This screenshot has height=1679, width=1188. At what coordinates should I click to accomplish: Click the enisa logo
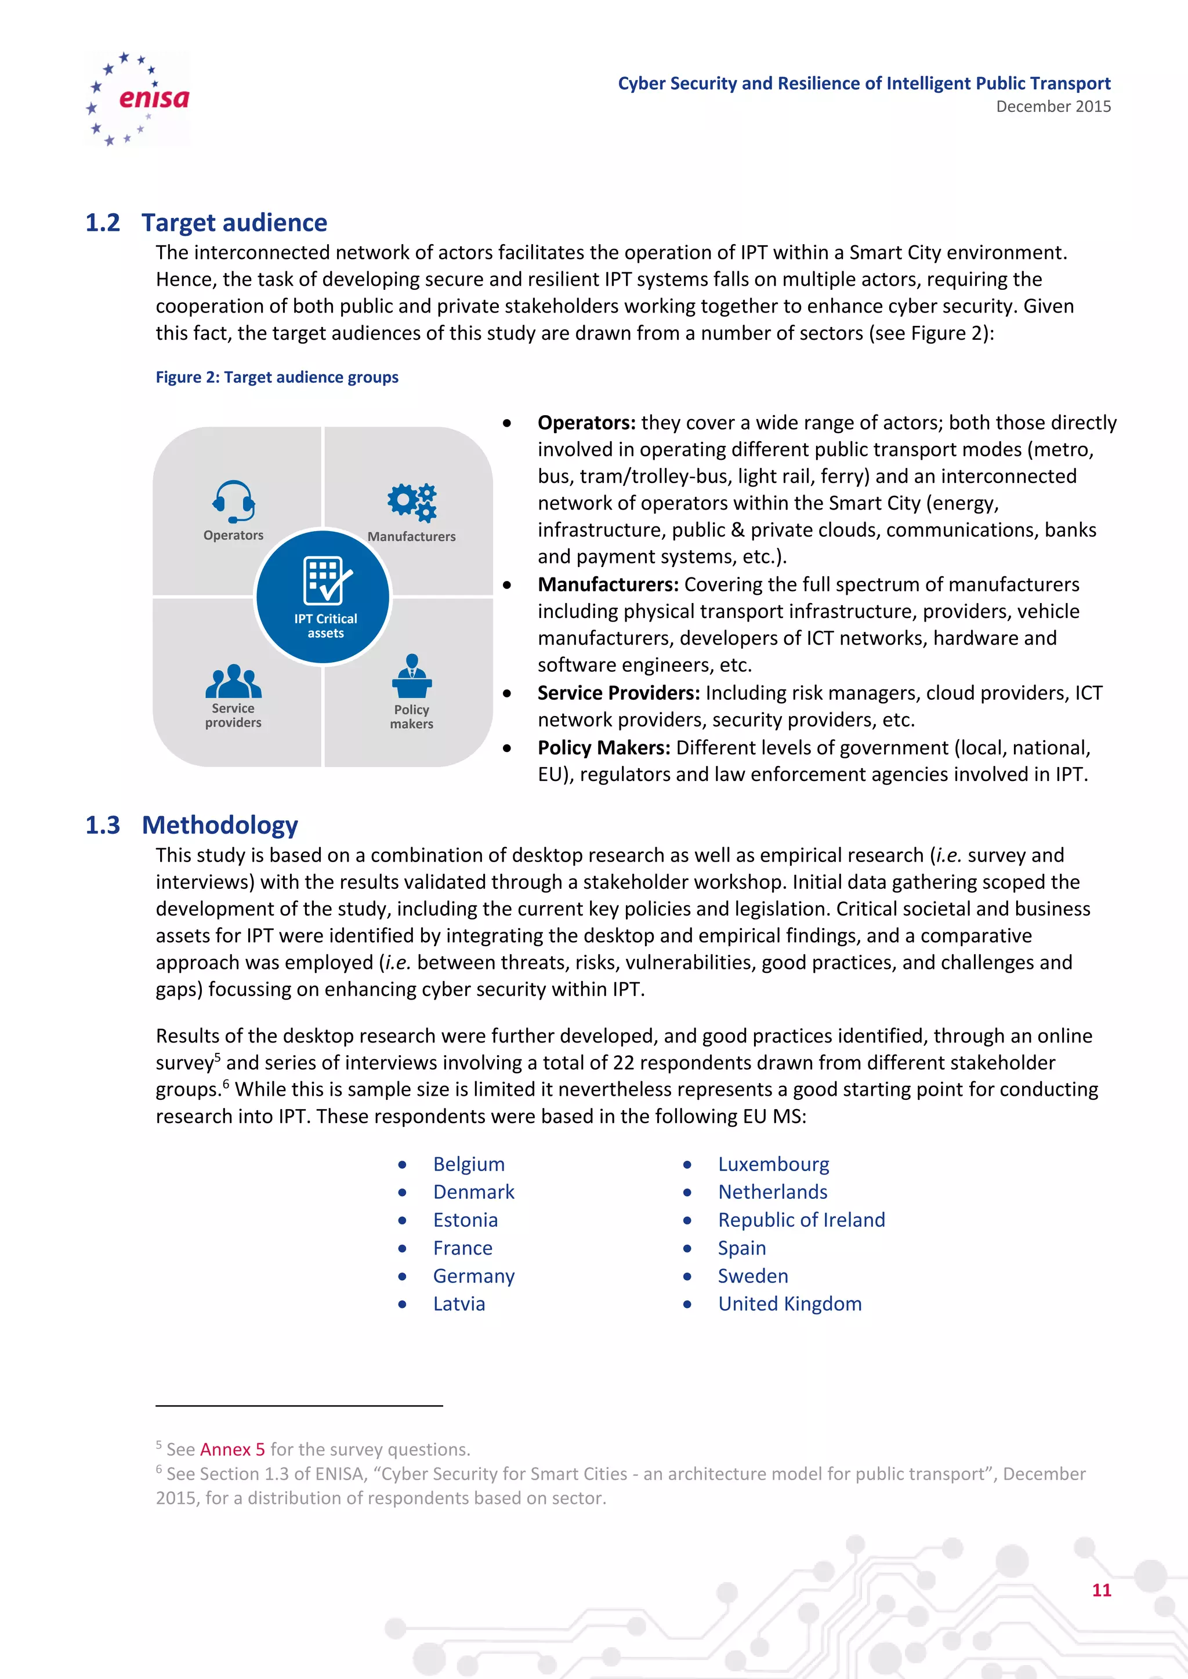138,99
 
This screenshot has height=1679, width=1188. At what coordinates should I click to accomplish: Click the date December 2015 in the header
1053,107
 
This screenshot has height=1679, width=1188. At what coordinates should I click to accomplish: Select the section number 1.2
103,222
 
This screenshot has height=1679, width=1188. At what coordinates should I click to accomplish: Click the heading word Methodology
219,825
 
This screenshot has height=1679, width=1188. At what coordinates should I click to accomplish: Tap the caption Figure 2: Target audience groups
277,377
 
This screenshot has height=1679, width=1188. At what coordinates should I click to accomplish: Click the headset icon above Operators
233,501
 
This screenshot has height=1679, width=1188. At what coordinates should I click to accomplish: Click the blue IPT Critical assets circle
323,597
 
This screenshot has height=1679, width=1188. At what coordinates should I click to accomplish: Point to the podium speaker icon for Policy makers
412,677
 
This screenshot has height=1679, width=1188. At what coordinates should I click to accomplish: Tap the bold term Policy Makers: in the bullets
603,748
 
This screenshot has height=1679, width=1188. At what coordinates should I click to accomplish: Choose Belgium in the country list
468,1164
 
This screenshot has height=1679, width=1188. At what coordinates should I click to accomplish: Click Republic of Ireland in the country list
801,1220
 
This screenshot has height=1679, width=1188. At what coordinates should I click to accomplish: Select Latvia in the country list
459,1304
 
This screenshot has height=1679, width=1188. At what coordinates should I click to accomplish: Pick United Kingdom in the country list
789,1304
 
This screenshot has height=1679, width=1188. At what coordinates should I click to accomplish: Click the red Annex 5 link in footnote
232,1449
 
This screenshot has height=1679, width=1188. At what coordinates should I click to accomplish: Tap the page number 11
1101,1590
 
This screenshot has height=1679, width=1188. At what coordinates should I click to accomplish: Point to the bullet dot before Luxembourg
687,1165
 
